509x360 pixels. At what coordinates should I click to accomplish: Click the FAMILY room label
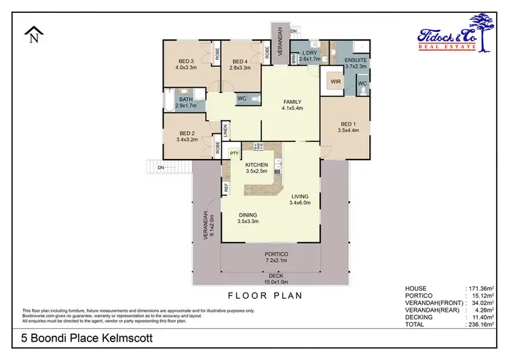click(x=293, y=103)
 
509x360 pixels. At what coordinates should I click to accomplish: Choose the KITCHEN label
click(x=257, y=165)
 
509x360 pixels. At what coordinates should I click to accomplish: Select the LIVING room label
click(x=299, y=198)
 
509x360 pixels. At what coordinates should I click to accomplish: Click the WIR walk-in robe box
click(x=335, y=82)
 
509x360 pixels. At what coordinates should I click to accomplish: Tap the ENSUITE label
click(x=356, y=60)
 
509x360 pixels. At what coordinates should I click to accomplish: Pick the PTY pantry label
click(x=234, y=154)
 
